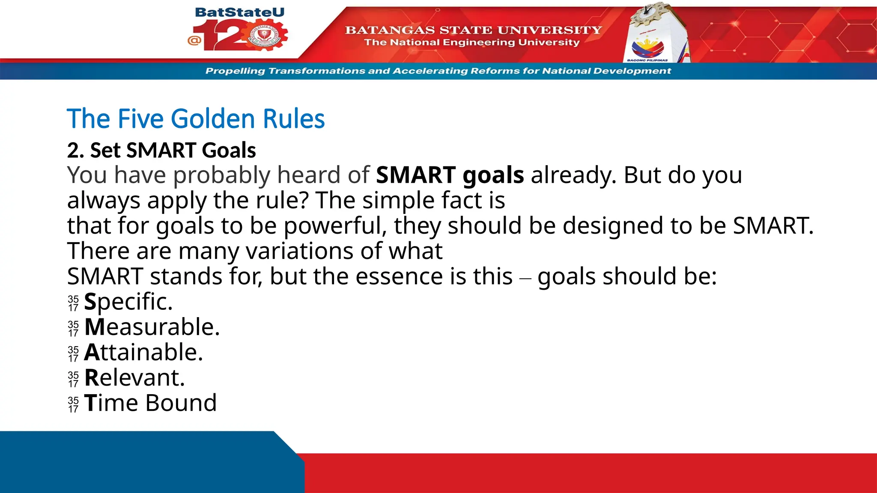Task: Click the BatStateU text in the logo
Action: pos(239,12)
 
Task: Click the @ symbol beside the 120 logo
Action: pos(194,41)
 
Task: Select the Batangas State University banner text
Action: pos(473,30)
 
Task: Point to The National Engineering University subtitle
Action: pos(472,42)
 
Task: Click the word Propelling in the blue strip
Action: pos(235,71)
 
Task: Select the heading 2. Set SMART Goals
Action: pos(161,150)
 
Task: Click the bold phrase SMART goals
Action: pos(450,175)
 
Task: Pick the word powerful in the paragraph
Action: pos(335,226)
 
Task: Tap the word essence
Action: pos(399,276)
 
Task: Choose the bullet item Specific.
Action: pos(128,302)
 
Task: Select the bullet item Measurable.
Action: pos(152,327)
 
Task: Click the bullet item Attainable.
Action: pos(143,352)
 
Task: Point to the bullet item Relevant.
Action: pos(134,377)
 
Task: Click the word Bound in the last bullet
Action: pos(181,403)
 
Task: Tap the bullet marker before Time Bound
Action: pos(73,404)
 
